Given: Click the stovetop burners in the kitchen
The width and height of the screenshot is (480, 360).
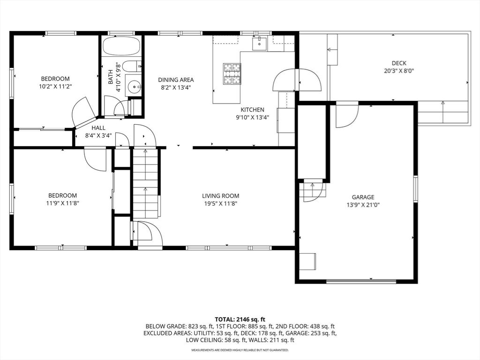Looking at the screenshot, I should coord(232,74).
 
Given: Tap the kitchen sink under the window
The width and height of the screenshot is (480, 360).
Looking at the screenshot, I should coord(258,44).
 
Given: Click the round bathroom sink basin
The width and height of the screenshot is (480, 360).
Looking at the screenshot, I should coord(135,86).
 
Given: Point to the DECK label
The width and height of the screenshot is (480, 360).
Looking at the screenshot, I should coord(399,63).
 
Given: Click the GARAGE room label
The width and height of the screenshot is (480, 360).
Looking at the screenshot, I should coord(363,197).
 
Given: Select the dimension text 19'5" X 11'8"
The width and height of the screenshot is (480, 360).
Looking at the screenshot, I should coord(221,204).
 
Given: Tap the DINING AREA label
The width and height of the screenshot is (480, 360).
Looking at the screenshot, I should coord(176,80).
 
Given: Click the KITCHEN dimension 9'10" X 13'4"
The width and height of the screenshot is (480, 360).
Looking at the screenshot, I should coord(253,118).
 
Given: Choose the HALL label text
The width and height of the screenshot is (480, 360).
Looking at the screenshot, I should coord(98,127).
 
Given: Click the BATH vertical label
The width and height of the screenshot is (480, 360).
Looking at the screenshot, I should coord(111,77).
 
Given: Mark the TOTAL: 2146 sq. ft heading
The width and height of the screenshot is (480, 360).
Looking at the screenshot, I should coord(240,319).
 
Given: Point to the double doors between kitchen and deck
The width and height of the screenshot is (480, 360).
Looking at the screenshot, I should coord(297,80).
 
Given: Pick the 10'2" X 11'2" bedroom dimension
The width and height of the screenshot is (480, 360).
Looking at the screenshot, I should coord(55,87).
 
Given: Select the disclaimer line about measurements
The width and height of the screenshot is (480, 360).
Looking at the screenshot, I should coord(240,350).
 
